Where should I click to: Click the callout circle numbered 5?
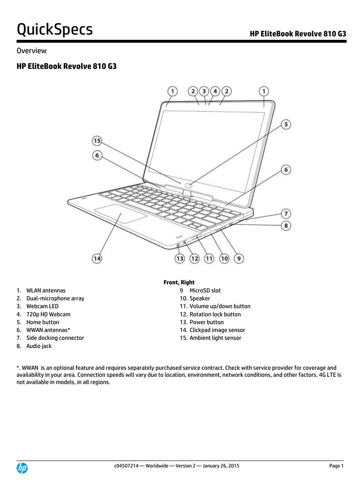point(286,124)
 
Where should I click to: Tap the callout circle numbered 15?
point(97,141)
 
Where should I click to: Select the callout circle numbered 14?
point(97,258)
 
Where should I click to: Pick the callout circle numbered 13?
point(180,259)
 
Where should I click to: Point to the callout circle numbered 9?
point(239,258)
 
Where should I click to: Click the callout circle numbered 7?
point(286,214)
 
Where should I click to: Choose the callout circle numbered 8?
point(286,225)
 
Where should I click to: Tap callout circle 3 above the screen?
point(204,91)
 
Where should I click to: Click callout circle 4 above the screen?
point(215,91)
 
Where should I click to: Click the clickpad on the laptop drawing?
point(120,213)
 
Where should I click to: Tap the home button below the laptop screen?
point(189,185)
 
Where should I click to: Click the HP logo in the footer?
point(22,468)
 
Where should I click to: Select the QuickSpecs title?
point(54,30)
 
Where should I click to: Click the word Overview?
point(31,51)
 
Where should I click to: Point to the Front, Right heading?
point(179,282)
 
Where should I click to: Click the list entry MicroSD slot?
point(205,291)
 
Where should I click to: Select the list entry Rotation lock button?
point(215,315)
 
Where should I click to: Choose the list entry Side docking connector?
point(55,338)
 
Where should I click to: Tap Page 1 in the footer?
point(337,466)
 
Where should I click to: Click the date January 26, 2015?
point(221,466)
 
